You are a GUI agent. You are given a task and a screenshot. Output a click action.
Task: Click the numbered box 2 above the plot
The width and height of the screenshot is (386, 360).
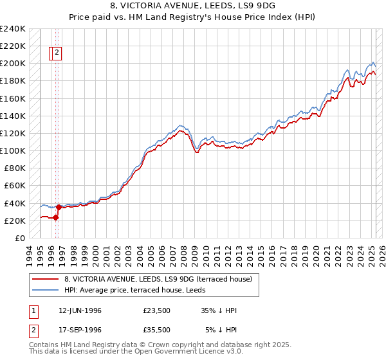[x=57, y=53]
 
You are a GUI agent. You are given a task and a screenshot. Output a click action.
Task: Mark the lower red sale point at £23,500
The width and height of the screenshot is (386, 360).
[x=56, y=217]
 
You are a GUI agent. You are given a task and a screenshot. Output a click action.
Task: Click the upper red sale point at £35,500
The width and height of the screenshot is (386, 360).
[x=59, y=207]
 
